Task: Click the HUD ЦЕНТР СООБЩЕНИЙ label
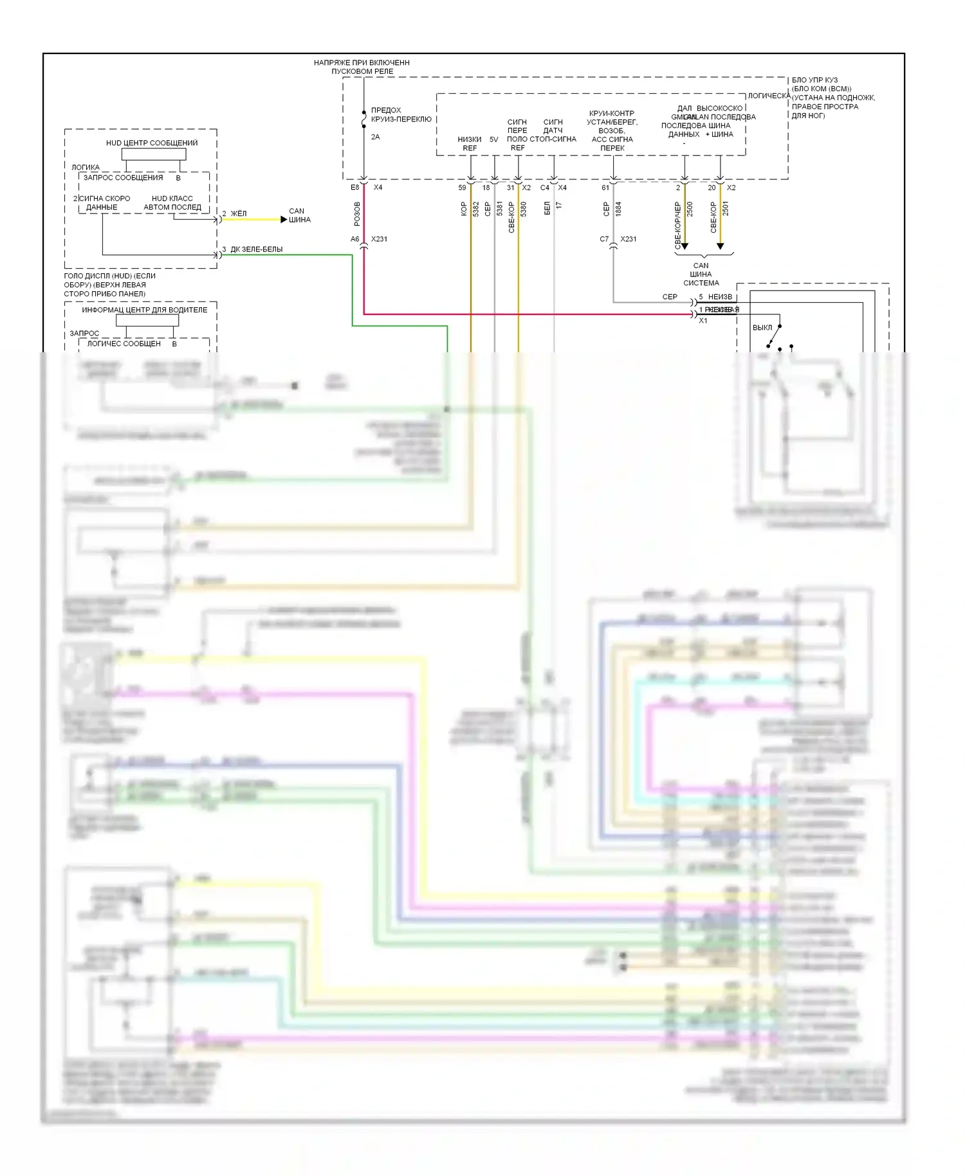(x=152, y=143)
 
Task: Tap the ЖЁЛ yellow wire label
(x=239, y=213)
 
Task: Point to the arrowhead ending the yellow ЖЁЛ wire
(x=284, y=220)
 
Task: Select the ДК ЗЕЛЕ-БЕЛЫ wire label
(x=256, y=249)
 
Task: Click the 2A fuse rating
(x=376, y=137)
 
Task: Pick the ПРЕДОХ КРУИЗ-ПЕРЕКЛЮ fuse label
(x=401, y=114)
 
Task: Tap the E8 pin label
(x=354, y=188)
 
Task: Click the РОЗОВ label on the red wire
(x=357, y=214)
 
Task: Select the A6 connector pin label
(x=354, y=239)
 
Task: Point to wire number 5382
(x=476, y=209)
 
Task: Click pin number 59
(x=462, y=188)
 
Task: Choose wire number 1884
(x=618, y=209)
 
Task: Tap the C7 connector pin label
(x=604, y=239)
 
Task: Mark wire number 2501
(x=726, y=209)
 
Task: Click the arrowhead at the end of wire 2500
(x=685, y=246)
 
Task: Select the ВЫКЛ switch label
(x=762, y=328)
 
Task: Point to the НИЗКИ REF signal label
(x=470, y=143)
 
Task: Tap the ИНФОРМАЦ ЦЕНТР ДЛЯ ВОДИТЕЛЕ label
(x=144, y=310)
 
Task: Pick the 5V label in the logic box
(x=493, y=139)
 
